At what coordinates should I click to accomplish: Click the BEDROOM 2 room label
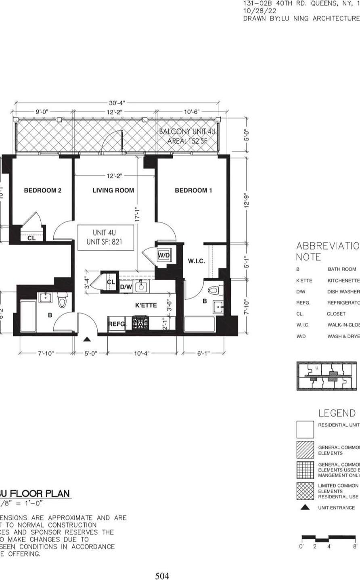(x=42, y=191)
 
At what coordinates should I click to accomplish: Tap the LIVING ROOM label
(x=113, y=191)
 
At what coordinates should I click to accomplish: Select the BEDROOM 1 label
(x=193, y=191)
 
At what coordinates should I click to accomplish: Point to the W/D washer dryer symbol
(x=163, y=255)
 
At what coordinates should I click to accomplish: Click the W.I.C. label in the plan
(x=197, y=261)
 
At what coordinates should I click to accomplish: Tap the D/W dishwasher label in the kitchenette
(x=126, y=287)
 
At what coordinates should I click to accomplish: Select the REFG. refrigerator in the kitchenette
(x=117, y=324)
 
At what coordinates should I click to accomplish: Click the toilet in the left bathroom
(x=62, y=300)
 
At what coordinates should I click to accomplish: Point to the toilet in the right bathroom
(x=215, y=290)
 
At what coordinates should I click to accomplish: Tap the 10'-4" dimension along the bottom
(x=141, y=353)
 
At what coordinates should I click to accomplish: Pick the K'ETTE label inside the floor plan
(x=146, y=306)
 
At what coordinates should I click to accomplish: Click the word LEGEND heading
(x=337, y=413)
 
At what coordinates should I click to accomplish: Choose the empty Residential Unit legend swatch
(x=305, y=429)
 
